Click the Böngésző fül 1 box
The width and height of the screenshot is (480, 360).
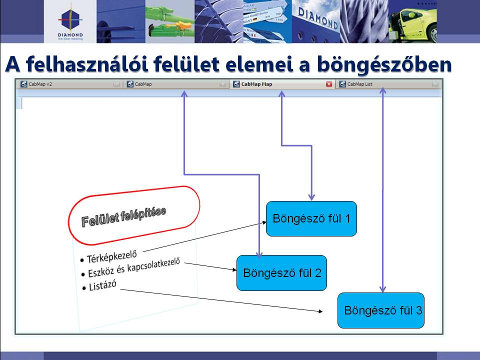coord(311,218)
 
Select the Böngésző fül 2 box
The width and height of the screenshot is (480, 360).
coord(281,273)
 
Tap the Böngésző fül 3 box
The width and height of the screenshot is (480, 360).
coord(381,310)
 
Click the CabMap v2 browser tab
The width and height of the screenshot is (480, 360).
coord(69,84)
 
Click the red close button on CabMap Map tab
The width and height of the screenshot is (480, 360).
coord(329,84)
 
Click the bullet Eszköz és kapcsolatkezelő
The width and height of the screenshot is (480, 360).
coord(134,267)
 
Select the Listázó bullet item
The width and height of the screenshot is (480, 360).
coord(102,285)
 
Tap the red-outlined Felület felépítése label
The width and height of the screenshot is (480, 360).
coord(134,215)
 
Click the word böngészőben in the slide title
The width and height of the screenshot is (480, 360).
coord(384,65)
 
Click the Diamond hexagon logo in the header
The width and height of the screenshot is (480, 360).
coord(70,19)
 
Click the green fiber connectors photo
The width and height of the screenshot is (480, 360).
coord(170,21)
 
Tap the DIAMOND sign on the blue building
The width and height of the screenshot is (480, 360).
coord(318,18)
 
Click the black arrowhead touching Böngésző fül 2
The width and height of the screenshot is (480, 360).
coord(234,269)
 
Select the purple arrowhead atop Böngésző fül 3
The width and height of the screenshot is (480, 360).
coord(382,289)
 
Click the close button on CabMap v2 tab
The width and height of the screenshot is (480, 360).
coord(116,84)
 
